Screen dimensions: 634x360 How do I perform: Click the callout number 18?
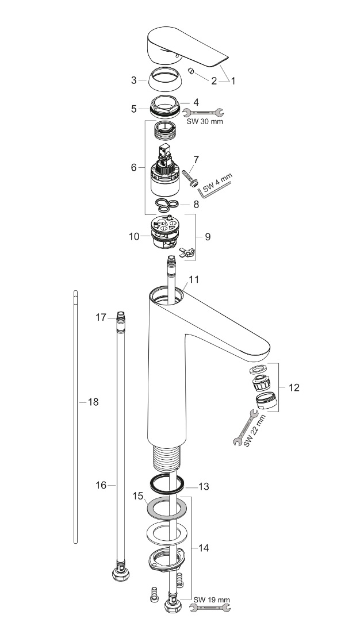[93, 402]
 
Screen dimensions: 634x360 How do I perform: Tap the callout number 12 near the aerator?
[293, 387]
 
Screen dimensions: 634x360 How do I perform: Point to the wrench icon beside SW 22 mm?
[245, 428]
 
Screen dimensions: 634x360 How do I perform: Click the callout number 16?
[101, 485]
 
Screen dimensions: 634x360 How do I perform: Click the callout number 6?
[133, 167]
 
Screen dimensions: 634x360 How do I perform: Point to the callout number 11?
[194, 279]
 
